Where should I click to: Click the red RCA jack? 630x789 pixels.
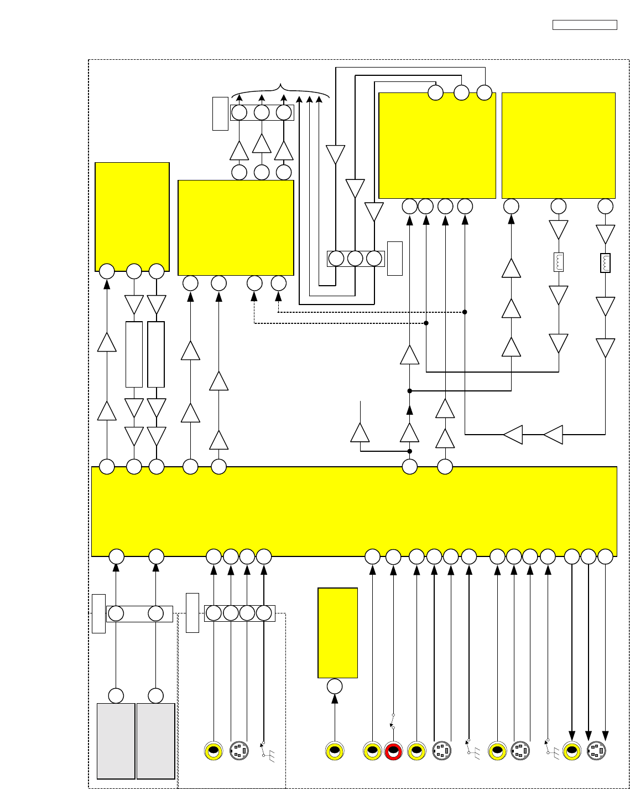click(x=393, y=751)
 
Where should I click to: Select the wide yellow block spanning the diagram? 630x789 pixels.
click(x=354, y=511)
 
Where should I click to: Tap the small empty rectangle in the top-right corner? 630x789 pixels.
click(x=585, y=25)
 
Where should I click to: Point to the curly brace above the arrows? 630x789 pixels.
click(x=281, y=89)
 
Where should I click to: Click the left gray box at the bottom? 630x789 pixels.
click(x=116, y=741)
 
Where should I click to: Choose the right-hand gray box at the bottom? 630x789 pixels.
click(x=156, y=741)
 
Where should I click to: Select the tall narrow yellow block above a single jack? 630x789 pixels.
click(x=337, y=632)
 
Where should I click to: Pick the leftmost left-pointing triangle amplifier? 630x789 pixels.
click(x=513, y=435)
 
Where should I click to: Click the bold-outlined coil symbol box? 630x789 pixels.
click(x=606, y=263)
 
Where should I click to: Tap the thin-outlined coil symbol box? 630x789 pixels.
click(x=559, y=262)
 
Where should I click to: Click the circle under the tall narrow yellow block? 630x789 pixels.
click(x=335, y=687)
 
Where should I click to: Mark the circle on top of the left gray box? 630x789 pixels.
click(x=116, y=695)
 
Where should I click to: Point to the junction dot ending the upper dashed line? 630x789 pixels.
click(x=465, y=312)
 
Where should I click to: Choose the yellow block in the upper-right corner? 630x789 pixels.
click(x=559, y=145)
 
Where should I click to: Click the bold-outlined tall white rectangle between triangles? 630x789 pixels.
click(x=157, y=354)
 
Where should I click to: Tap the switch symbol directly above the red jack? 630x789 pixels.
click(x=393, y=721)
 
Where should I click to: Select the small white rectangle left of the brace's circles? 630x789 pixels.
click(x=220, y=114)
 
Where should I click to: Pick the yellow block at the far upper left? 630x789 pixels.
click(x=132, y=216)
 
